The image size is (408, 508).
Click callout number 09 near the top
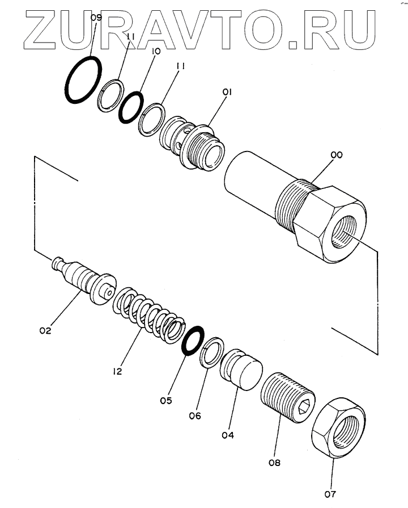click(96, 19)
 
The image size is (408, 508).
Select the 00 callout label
click(336, 161)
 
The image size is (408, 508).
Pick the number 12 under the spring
click(117, 372)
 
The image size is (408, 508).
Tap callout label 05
click(165, 401)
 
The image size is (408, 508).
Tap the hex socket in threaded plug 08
click(304, 405)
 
